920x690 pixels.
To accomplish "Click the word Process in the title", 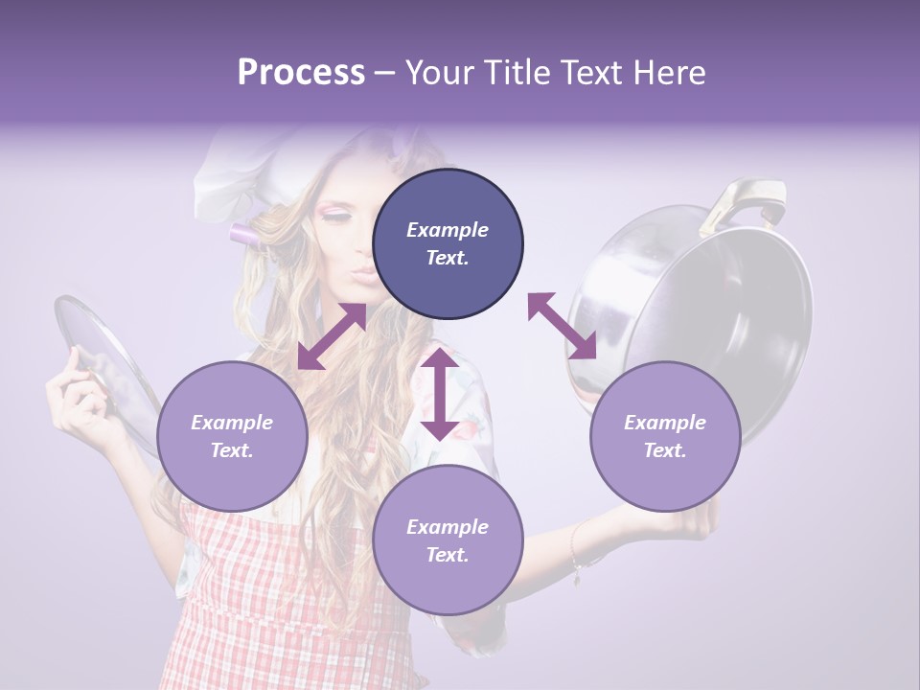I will pos(301,72).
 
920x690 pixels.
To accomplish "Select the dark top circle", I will pos(448,243).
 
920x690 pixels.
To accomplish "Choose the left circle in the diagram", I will pos(232,436).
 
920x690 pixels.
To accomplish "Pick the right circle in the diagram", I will pos(665,436).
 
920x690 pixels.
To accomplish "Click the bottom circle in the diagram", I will pos(448,540).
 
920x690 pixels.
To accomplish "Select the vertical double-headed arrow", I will pos(440,394).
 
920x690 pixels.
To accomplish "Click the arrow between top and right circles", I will pos(562,326).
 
